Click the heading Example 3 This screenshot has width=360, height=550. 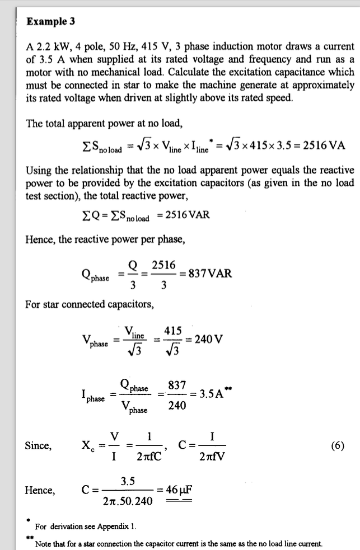[50, 22]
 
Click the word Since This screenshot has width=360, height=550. [38, 446]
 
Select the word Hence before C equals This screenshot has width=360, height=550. [40, 491]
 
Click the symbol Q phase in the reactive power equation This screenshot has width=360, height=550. [95, 274]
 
